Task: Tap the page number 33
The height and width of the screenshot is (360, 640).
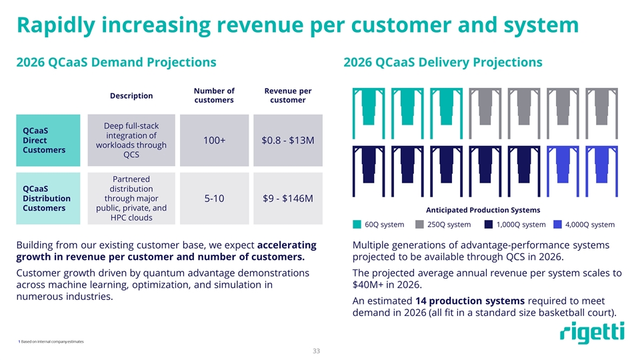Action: click(x=319, y=351)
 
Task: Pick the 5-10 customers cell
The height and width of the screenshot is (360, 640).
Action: click(x=214, y=198)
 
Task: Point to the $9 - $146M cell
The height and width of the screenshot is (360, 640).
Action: click(x=287, y=198)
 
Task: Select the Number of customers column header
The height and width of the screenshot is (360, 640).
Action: click(x=214, y=95)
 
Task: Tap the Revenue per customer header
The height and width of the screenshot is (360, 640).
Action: click(x=287, y=95)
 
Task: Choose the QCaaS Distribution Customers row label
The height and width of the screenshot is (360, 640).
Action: click(x=47, y=198)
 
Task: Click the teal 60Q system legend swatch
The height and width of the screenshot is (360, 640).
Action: click(x=357, y=224)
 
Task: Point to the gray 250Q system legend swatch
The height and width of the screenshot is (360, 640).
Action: click(x=419, y=224)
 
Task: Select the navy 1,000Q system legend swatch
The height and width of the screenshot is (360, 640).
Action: click(x=489, y=224)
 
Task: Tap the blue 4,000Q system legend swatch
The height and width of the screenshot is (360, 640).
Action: click(x=557, y=224)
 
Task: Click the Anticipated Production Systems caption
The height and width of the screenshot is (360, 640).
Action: click(x=477, y=210)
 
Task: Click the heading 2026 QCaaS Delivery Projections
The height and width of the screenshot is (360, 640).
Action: click(x=442, y=62)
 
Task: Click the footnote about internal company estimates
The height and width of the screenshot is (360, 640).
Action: click(x=52, y=342)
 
